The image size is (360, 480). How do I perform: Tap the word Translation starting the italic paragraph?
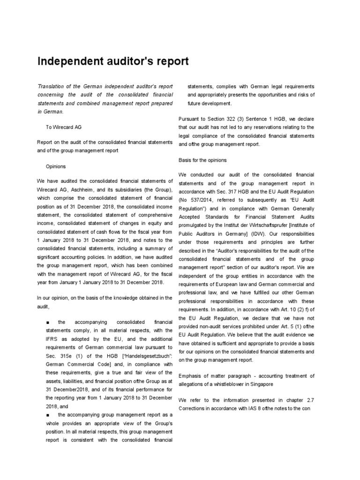(x=52, y=87)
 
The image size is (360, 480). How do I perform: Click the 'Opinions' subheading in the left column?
(x=56, y=166)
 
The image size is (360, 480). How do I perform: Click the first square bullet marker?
(x=48, y=322)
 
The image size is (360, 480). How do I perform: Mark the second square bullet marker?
(x=48, y=415)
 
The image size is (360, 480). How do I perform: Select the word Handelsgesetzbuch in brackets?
(x=141, y=356)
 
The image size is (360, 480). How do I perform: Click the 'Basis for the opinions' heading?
(x=202, y=160)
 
